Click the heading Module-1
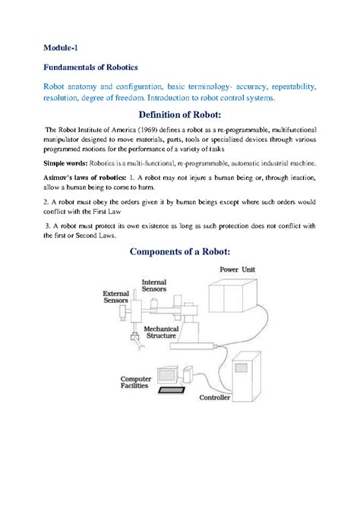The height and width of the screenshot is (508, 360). [x=60, y=49]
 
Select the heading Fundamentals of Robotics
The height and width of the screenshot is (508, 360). [x=90, y=68]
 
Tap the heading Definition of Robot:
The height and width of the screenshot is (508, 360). [x=179, y=114]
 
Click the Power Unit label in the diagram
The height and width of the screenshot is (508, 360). [x=237, y=270]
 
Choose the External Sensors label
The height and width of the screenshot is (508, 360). [x=116, y=296]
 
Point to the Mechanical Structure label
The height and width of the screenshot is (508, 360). [x=160, y=331]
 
